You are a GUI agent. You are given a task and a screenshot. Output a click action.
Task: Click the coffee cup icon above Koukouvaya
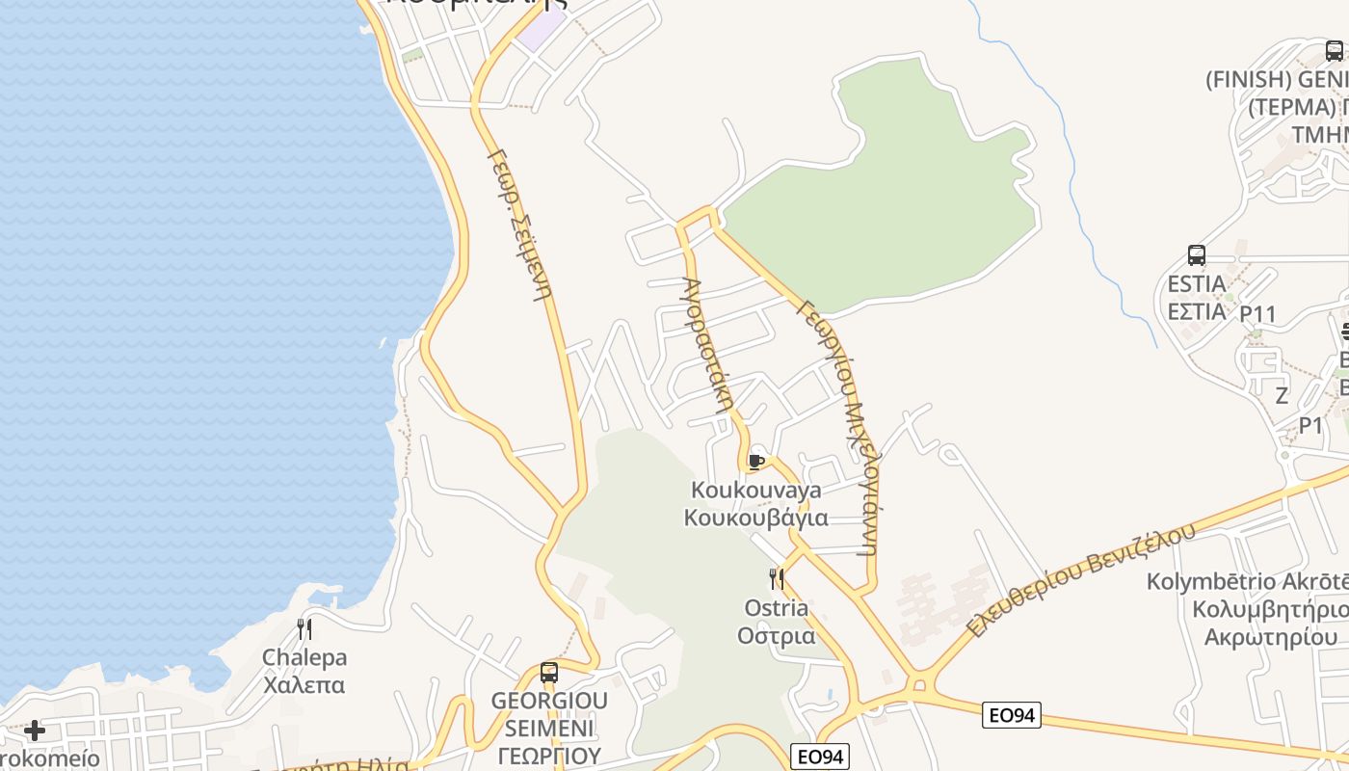tap(756, 462)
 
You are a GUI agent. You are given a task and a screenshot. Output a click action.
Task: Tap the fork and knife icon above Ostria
tap(777, 578)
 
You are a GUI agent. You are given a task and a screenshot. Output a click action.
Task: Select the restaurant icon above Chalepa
tap(304, 629)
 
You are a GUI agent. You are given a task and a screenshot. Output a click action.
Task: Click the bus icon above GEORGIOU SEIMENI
tap(549, 673)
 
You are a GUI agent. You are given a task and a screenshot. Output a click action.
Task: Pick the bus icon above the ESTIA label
tap(1197, 255)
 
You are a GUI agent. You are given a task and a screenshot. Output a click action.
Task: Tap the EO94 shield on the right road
tap(1012, 715)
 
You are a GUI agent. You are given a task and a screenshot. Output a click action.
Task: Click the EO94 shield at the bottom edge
tap(819, 757)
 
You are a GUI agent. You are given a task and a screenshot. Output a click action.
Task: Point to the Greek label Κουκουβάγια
tap(756, 518)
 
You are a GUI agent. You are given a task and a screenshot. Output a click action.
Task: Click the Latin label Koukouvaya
tap(756, 490)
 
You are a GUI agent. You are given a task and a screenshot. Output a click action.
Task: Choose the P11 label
tap(1257, 314)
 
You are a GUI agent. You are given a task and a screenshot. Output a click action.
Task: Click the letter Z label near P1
tap(1282, 395)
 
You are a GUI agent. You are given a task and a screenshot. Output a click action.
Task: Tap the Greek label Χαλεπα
tap(304, 686)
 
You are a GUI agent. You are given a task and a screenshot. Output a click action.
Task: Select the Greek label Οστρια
tap(777, 636)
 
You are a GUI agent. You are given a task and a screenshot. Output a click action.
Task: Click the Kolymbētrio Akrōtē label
tap(1247, 582)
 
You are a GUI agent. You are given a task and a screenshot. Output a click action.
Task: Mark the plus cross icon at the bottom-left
tap(35, 731)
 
